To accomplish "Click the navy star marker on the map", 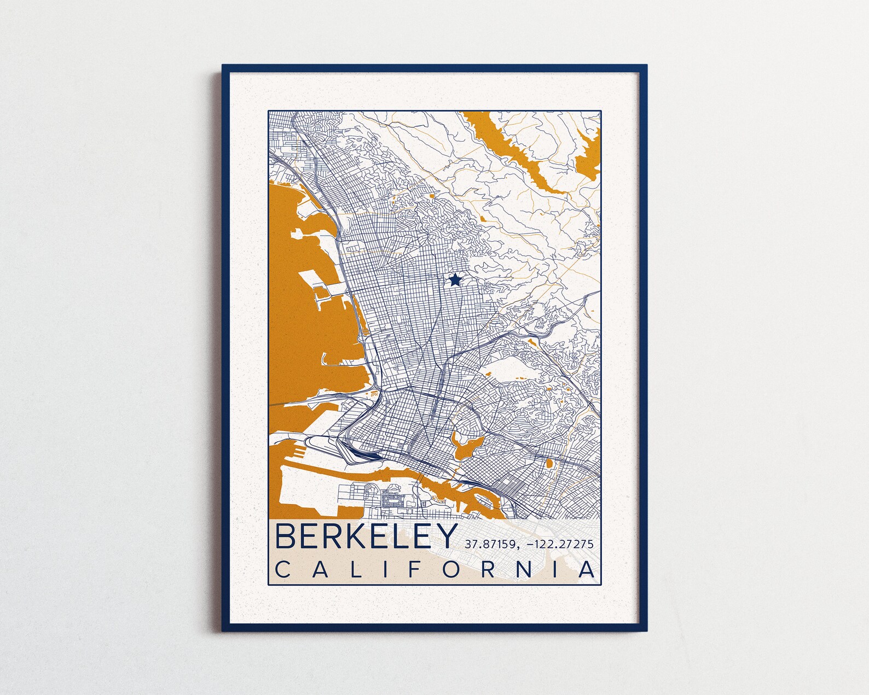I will [x=454, y=281].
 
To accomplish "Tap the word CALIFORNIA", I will [x=434, y=570].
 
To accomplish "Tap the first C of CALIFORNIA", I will [x=283, y=570].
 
